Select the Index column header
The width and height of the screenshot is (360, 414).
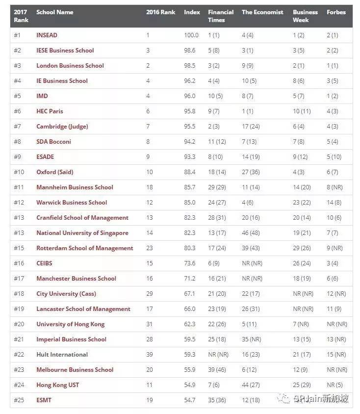[x=192, y=12]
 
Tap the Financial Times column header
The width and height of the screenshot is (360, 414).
[x=221, y=16]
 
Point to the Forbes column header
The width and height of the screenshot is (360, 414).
[x=336, y=12]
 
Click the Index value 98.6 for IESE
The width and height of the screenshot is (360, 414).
[x=191, y=51]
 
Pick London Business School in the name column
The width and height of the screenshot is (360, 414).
[x=70, y=66]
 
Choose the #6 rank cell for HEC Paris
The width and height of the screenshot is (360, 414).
[x=18, y=111]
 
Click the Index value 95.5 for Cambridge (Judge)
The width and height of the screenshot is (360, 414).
[x=191, y=127]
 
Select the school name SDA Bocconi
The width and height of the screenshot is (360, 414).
[x=53, y=142]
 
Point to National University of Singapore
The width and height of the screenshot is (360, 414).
[x=82, y=233]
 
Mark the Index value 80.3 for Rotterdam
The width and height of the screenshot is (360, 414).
[x=191, y=248]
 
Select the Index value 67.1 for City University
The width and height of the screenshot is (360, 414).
[x=191, y=294]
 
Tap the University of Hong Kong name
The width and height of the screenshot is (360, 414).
[x=71, y=324]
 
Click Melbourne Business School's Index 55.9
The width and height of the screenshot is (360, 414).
[x=191, y=370]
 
